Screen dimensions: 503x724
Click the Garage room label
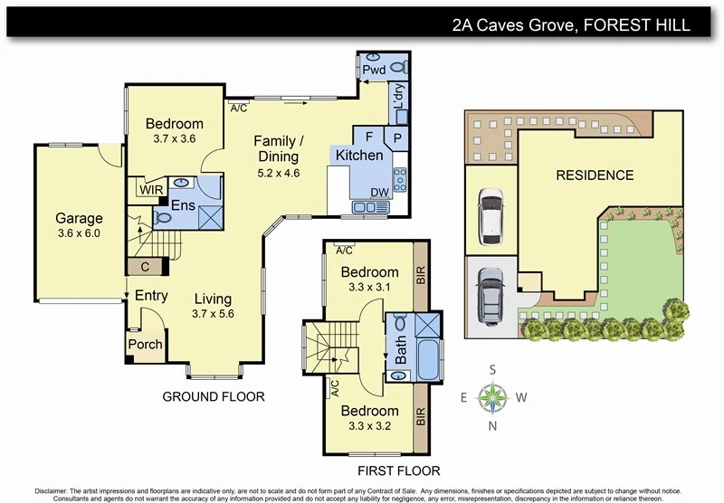pyautogui.click(x=79, y=218)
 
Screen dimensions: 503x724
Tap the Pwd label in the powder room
pyautogui.click(x=373, y=70)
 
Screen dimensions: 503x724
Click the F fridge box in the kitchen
pyautogui.click(x=369, y=136)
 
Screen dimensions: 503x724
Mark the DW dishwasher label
pyautogui.click(x=379, y=192)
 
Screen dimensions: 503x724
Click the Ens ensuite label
pyautogui.click(x=184, y=205)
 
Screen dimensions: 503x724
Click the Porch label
pyautogui.click(x=145, y=344)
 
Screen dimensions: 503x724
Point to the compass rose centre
pyautogui.click(x=494, y=396)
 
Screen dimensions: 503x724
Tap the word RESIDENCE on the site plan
pyautogui.click(x=595, y=175)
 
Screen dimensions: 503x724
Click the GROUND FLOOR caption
pyautogui.click(x=213, y=396)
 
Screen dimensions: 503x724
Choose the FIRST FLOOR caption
pyautogui.click(x=397, y=470)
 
